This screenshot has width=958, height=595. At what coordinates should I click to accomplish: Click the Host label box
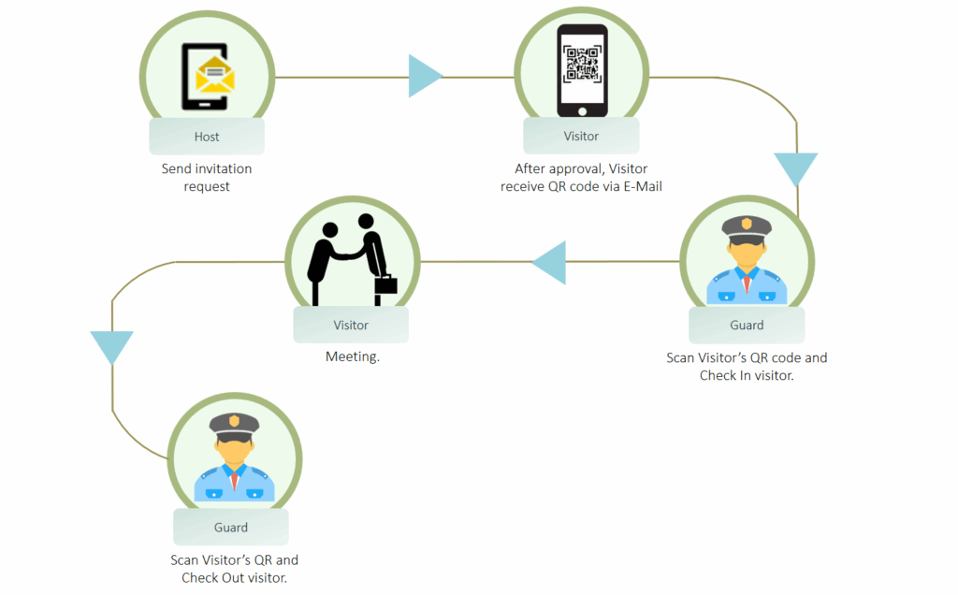point(207,137)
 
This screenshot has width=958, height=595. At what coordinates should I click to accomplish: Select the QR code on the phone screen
point(582,62)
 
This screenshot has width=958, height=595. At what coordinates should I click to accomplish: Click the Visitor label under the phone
point(581,137)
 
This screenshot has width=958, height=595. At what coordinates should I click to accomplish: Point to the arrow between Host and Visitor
point(424,76)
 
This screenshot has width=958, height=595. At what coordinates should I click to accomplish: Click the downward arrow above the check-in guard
point(796,168)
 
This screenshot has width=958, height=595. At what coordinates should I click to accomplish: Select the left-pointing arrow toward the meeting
point(551,262)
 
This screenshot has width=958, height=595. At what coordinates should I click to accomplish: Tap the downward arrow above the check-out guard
point(112,346)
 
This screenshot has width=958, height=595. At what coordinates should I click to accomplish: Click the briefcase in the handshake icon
point(386,283)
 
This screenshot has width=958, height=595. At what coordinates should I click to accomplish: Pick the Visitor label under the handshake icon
point(351,326)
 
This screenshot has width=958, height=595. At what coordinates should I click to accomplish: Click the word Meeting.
point(352,356)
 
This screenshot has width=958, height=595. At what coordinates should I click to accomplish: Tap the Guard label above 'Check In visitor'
point(747,326)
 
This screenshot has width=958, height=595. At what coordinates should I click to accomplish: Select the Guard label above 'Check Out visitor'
point(231,528)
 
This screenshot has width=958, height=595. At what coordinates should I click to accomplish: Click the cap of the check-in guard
point(747,226)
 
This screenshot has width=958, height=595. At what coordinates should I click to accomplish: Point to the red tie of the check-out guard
point(233,480)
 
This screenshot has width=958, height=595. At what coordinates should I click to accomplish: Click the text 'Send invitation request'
point(207,178)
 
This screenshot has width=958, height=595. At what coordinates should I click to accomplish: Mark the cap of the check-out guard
point(233,424)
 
